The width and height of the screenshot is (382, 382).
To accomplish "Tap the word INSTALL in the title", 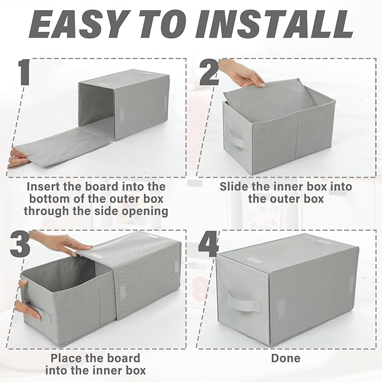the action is [275, 24].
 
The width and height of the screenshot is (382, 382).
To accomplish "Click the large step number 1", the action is [24, 73].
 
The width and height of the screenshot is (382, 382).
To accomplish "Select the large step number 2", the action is [209, 73].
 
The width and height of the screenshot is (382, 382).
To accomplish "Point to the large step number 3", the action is [20, 244].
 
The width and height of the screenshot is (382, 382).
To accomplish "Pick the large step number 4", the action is [208, 244].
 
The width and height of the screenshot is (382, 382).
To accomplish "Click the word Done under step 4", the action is [286, 358].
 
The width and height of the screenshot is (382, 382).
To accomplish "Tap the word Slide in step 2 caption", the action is [234, 187].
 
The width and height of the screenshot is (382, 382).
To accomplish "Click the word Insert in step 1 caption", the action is [43, 187].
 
